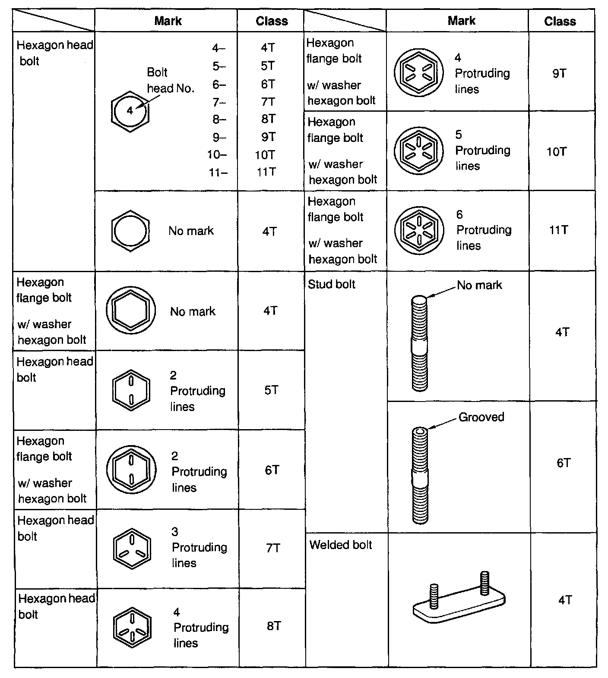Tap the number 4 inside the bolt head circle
130,111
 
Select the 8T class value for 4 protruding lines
274,626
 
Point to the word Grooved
481,417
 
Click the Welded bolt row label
340,545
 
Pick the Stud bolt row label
331,284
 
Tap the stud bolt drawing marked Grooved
420,474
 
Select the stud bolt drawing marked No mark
419,343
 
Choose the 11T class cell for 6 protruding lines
558,230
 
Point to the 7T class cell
273,548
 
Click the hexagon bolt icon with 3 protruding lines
132,547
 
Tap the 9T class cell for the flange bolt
559,73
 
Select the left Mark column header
168,21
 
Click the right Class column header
560,21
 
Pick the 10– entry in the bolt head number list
217,155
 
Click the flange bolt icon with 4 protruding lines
418,72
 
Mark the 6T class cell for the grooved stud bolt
564,463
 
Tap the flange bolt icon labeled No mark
131,311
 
